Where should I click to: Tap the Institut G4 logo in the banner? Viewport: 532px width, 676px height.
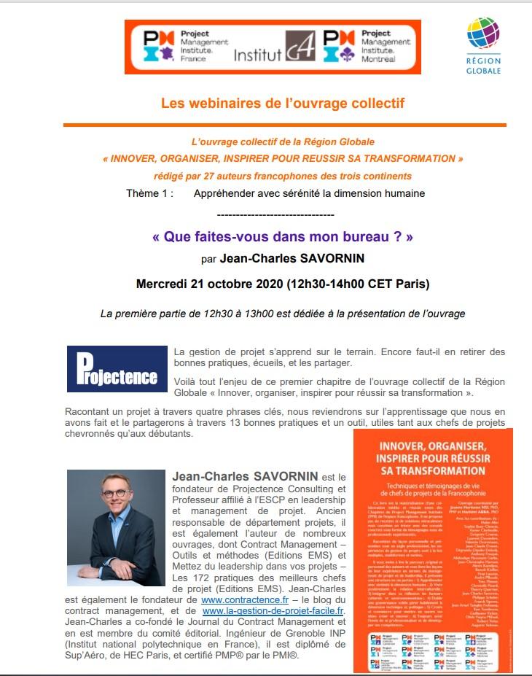tap(275, 50)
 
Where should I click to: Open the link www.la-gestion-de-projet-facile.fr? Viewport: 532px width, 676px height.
tap(273, 610)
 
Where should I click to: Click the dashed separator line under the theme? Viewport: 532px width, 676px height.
tap(275, 215)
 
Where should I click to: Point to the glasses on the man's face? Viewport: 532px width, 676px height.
tap(114, 493)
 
